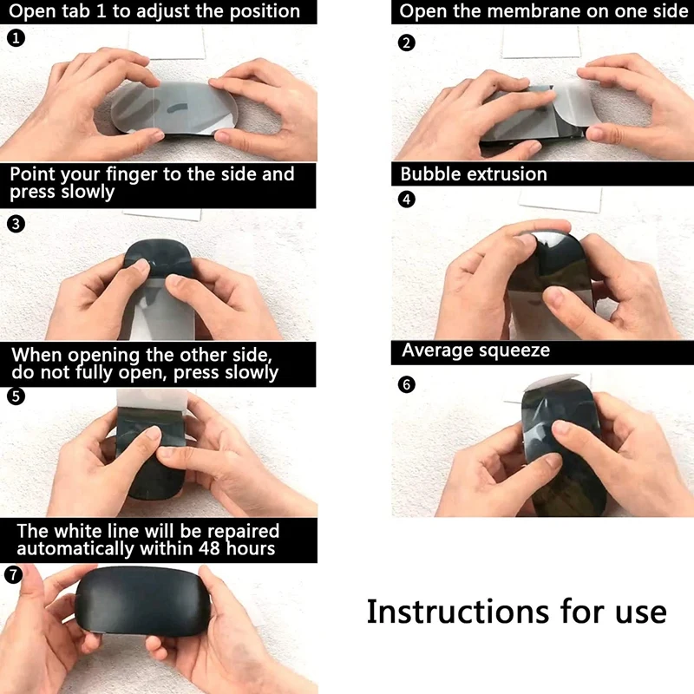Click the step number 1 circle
[x=16, y=38]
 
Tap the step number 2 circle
[x=407, y=43]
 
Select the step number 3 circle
[x=16, y=224]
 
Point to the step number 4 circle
[x=407, y=200]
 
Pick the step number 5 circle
[x=16, y=396]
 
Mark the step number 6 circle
[x=407, y=384]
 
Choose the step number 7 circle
[x=13, y=574]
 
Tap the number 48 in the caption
[x=208, y=548]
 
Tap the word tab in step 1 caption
[x=76, y=11]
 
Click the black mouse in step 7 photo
[x=142, y=602]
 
